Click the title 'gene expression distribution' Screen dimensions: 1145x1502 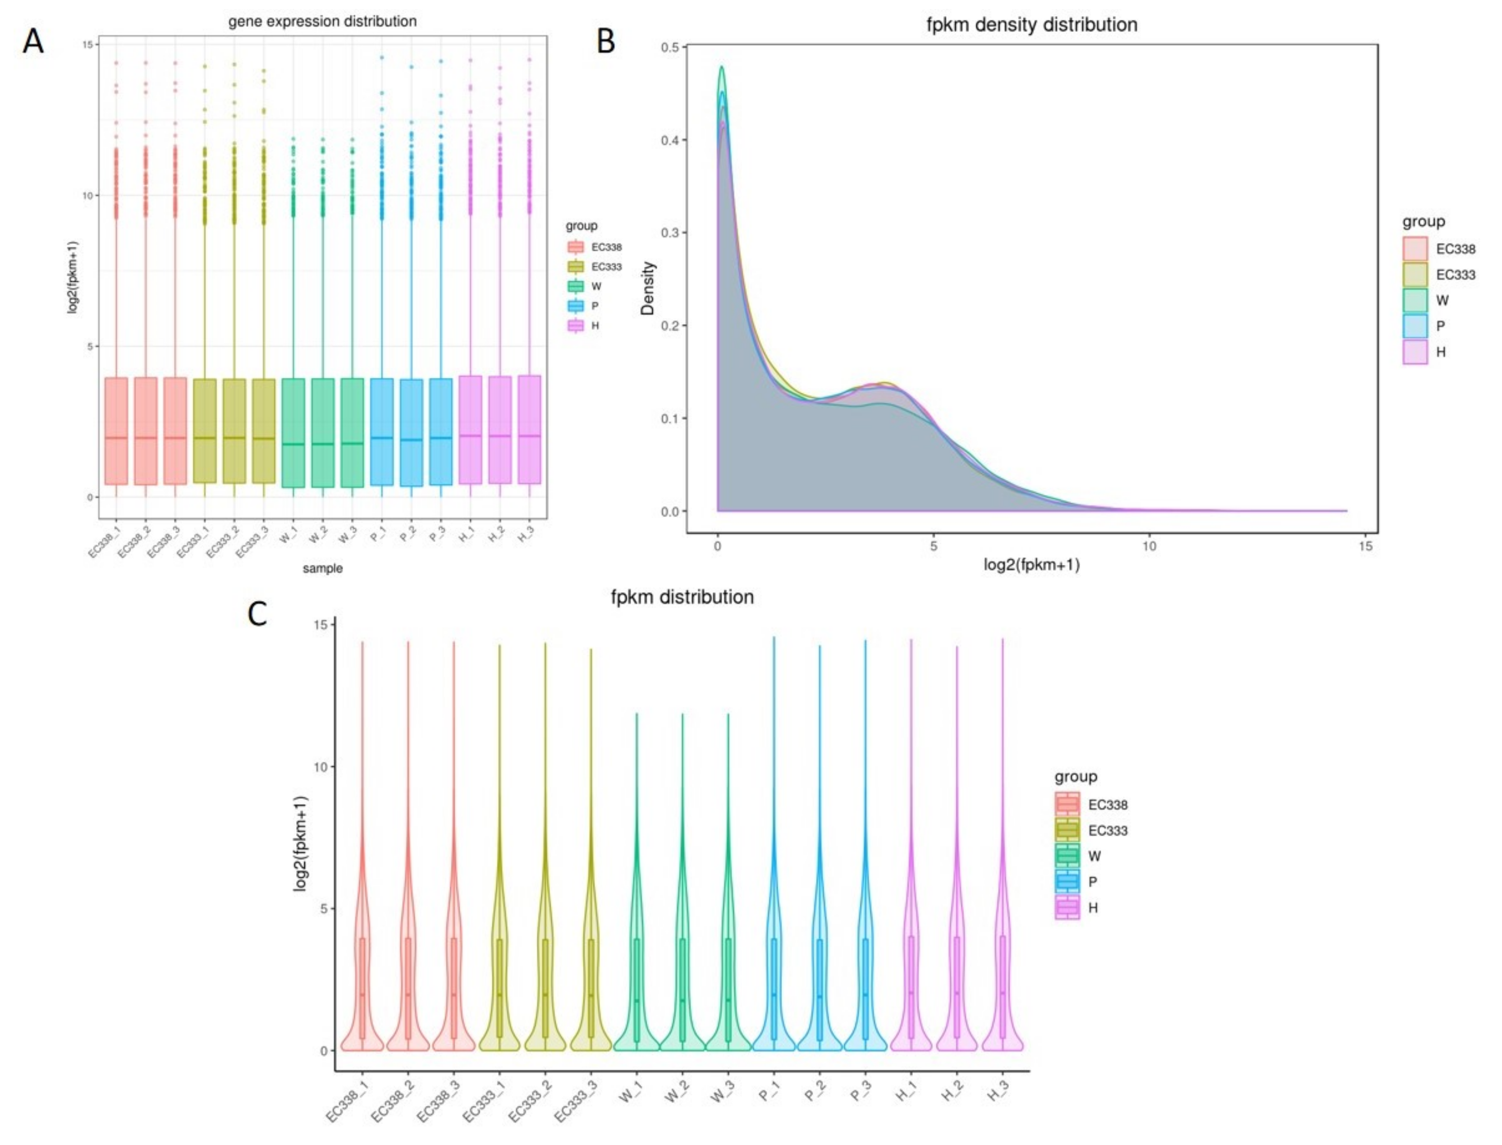coord(322,21)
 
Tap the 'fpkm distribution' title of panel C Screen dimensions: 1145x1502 coord(682,597)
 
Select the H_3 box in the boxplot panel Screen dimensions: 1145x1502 coord(529,429)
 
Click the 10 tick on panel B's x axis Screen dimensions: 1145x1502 coord(1149,546)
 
